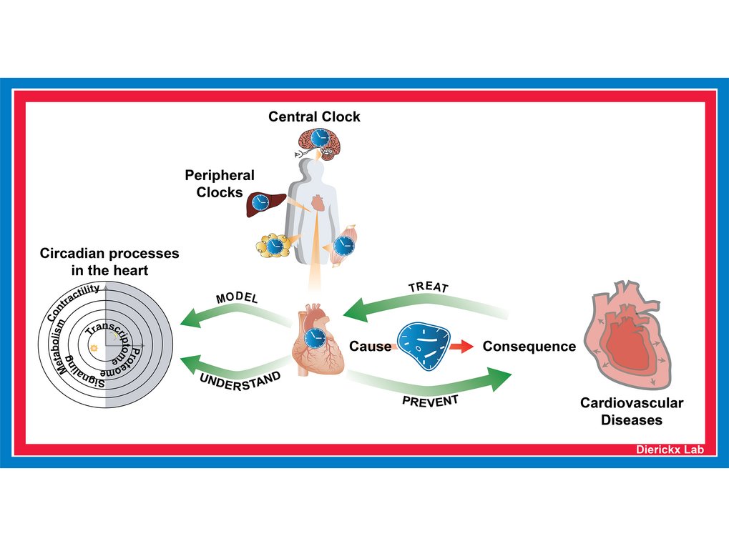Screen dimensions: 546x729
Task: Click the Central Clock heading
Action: [314, 116]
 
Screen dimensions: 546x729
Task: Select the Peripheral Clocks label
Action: [220, 184]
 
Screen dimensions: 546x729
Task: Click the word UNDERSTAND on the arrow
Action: [240, 381]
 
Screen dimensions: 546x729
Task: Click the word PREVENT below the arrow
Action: [429, 401]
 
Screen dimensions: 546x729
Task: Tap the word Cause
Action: [370, 347]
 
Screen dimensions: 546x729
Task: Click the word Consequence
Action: [529, 347]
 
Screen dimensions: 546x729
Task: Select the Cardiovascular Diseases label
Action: [631, 411]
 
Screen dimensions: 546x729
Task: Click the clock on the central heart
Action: [313, 338]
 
